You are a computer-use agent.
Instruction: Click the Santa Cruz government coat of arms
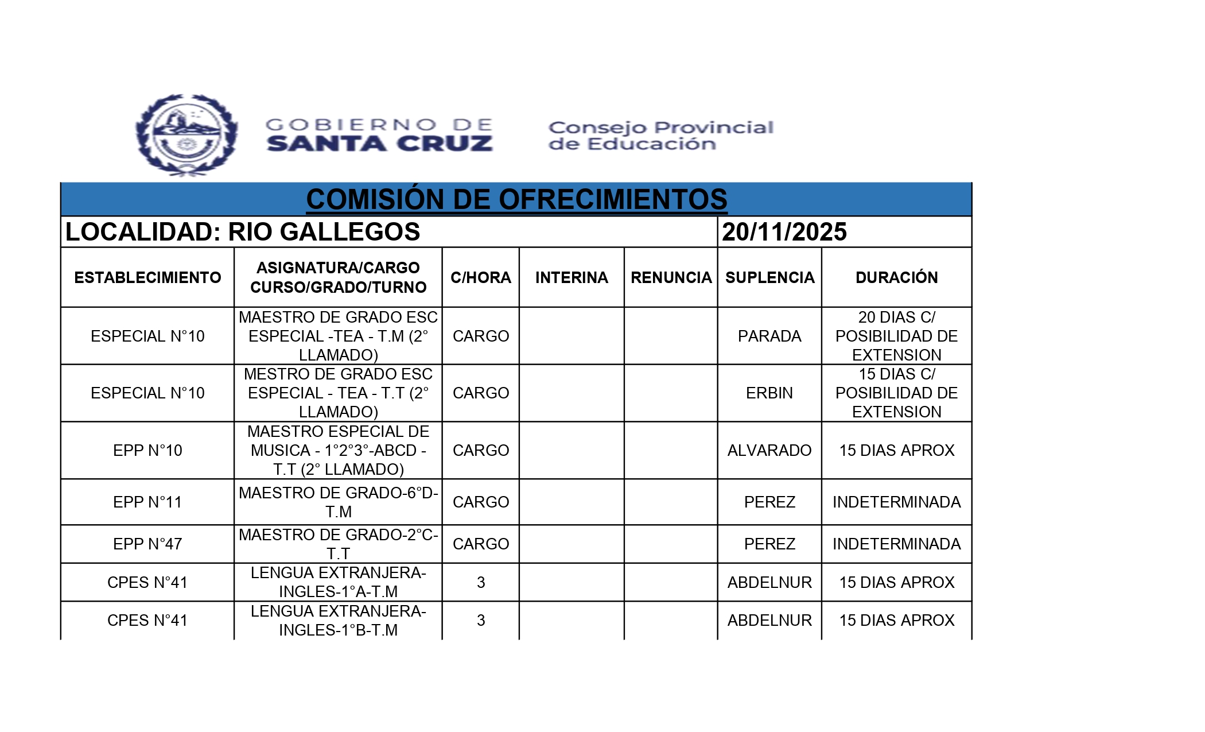(186, 135)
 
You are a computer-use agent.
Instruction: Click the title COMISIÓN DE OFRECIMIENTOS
(516, 200)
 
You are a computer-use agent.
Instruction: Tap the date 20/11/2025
(784, 232)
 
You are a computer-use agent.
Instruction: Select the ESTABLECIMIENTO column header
(147, 278)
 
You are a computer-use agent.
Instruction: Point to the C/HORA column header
(481, 278)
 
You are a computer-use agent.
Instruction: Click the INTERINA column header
(572, 278)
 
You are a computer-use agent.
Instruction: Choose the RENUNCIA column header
(671, 278)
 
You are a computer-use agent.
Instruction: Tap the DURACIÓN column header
(896, 278)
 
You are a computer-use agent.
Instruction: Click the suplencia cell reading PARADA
(769, 336)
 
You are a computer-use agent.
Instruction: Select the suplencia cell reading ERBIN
(769, 393)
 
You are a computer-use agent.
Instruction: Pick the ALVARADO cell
(769, 451)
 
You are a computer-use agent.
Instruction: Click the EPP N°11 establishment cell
(147, 502)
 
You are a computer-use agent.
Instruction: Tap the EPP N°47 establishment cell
(147, 544)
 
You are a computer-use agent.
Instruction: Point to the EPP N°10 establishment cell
(147, 451)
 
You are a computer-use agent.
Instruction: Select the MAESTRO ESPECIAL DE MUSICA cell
(338, 451)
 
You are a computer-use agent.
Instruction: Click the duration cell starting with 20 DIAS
(896, 336)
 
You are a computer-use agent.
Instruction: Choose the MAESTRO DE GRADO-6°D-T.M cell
(338, 502)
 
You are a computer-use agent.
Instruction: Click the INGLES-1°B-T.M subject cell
(338, 621)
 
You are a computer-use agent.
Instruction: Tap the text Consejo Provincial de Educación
(660, 135)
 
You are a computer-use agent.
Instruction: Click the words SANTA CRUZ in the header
(379, 144)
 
